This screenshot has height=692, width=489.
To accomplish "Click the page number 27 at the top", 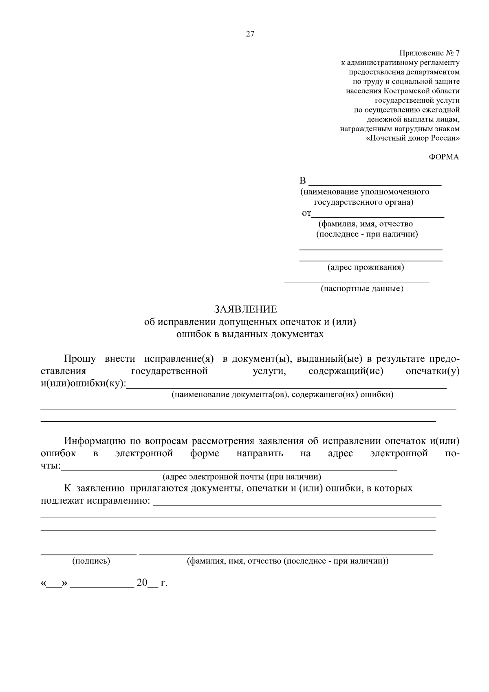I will tap(250, 34).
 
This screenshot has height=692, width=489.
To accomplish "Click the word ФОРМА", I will tap(444, 157).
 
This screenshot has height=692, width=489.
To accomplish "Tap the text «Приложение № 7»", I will tap(429, 53).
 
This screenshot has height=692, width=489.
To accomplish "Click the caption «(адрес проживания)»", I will tap(366, 268).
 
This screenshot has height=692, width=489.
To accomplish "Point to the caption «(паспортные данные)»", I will tap(362, 289).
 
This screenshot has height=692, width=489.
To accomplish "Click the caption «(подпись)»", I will tap(91, 561).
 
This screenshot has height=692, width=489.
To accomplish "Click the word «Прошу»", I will tap(80, 359).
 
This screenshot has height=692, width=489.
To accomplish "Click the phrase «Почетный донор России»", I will tap(413, 138).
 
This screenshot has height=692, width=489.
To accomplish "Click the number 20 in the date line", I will tap(142, 583).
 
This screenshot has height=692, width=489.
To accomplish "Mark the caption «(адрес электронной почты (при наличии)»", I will tap(242, 477).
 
